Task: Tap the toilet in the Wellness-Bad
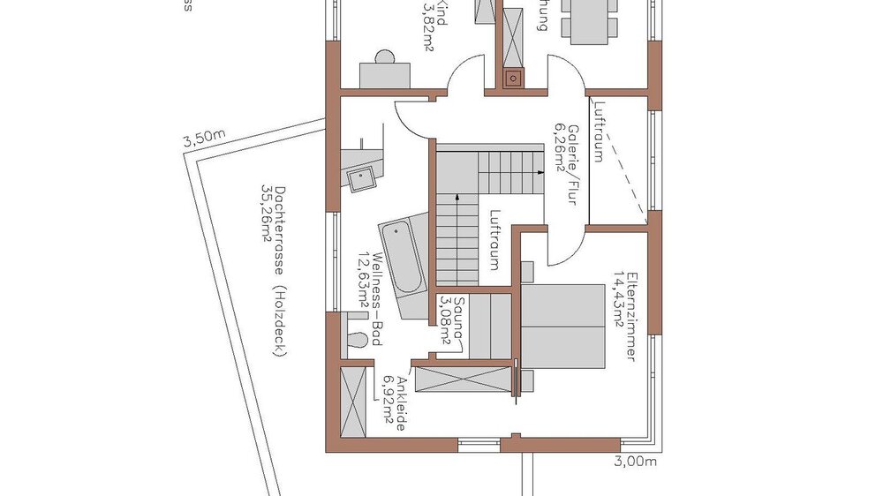click(356, 341)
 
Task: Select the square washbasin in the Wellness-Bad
click(363, 178)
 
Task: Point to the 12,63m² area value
click(363, 289)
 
